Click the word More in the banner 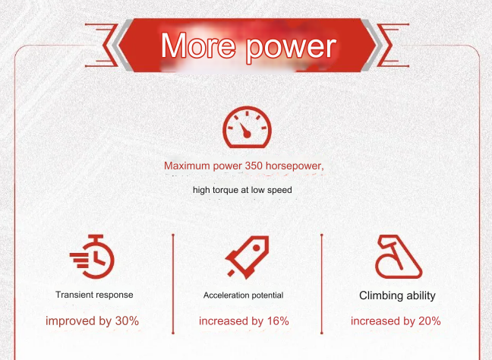(x=198, y=46)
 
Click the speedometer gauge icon (x=247, y=127)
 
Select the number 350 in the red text (x=254, y=166)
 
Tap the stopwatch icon (x=92, y=257)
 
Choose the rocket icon (x=248, y=257)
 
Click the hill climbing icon (x=399, y=257)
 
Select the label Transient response (x=94, y=295)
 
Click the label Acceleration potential (x=243, y=295)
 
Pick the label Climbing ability (x=397, y=295)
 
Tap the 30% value (x=127, y=321)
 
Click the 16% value (x=278, y=321)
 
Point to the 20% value (x=430, y=321)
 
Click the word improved (x=71, y=321)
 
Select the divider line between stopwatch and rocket (x=173, y=284)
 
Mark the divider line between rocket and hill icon (x=322, y=284)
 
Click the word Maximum (x=187, y=166)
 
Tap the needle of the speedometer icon (x=244, y=130)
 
